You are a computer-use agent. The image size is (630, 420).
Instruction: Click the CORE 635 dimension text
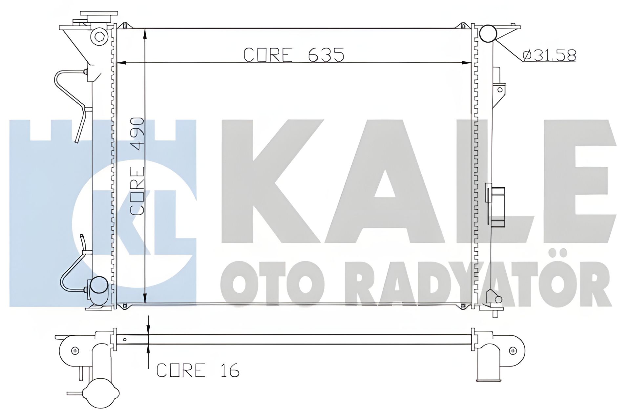(x=294, y=55)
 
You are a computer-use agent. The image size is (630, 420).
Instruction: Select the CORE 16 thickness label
(x=198, y=370)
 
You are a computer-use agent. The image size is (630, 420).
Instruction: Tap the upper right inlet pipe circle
(x=488, y=34)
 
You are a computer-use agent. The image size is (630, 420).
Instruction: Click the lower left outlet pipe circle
(x=99, y=286)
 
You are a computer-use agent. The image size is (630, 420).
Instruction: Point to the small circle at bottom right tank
(x=498, y=299)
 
